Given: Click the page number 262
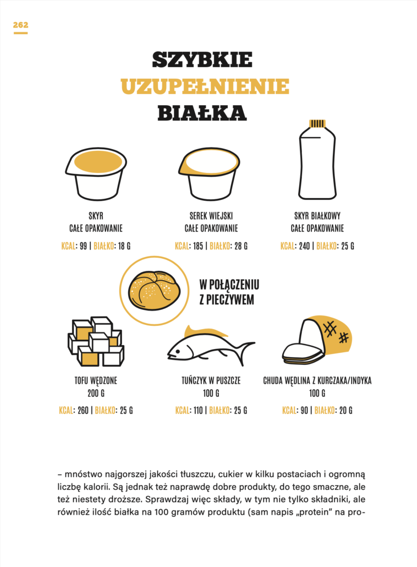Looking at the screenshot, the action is click(x=20, y=25).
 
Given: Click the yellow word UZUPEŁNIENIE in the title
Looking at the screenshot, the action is click(x=205, y=86).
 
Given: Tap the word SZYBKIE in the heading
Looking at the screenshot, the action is click(x=202, y=59).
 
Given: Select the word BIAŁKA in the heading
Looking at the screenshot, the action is click(x=202, y=113).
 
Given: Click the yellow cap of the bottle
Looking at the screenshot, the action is click(x=317, y=123).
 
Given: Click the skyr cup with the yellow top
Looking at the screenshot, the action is click(x=96, y=173).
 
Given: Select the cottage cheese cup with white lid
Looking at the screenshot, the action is click(x=209, y=173).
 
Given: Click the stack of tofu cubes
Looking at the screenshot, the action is click(x=96, y=341).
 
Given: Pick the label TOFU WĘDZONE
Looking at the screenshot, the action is click(x=96, y=380).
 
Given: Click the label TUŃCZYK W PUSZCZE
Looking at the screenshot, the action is click(x=211, y=380).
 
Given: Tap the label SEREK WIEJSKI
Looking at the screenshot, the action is click(x=211, y=216).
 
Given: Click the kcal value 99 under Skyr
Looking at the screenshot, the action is click(x=84, y=246).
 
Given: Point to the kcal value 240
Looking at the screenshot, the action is click(x=304, y=246).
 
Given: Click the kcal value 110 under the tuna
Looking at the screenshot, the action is click(x=198, y=411).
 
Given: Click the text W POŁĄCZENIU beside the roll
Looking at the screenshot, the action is click(x=229, y=285).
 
